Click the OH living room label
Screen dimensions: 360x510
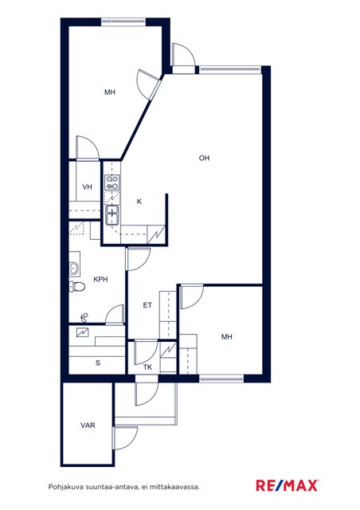coord(204,158)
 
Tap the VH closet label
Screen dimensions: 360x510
coord(87,187)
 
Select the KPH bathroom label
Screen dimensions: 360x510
coord(100,279)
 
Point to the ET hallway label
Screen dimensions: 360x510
coord(147,305)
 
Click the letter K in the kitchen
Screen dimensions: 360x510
coord(139,202)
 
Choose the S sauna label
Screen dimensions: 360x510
coord(98,363)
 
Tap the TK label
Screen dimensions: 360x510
coord(147,367)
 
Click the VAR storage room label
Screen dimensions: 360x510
coord(88,425)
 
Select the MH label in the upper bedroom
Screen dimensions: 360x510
coord(110,92)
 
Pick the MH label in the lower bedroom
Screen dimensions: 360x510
coord(227,336)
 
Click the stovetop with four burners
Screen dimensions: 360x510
coord(112,182)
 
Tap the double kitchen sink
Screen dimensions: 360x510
coord(112,214)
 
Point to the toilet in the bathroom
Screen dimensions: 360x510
coord(77,287)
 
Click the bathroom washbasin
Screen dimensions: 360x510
coord(74,269)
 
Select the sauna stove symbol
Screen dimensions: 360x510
coord(83,332)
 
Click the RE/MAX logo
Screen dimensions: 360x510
coord(287,485)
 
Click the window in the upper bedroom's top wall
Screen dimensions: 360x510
coord(123,22)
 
